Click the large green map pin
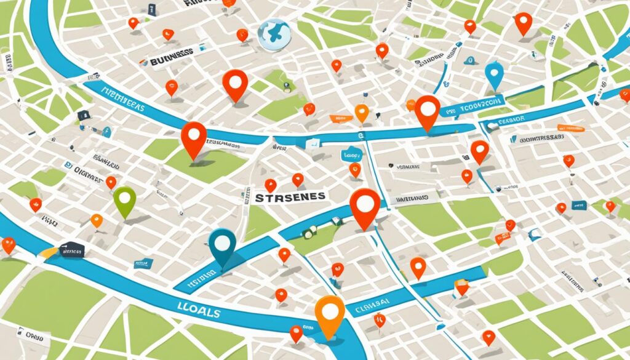[124, 201]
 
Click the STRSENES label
[289, 198]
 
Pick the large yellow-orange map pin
[330, 314]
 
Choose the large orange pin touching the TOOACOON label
[427, 111]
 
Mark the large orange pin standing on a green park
[194, 138]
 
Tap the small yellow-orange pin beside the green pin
[97, 220]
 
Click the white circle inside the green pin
[124, 198]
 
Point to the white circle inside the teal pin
[221, 241]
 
